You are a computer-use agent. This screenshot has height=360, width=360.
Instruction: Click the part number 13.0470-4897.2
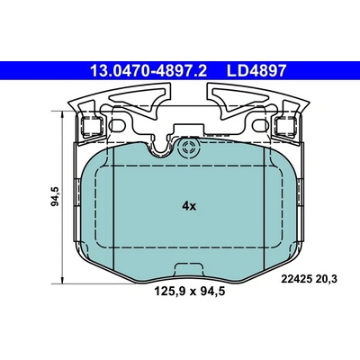[x=148, y=71]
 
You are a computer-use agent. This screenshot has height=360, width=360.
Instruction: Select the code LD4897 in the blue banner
[x=256, y=71]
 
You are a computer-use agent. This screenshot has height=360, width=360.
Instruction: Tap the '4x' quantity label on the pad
[x=189, y=206]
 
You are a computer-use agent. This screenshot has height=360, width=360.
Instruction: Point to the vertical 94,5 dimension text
[x=56, y=196]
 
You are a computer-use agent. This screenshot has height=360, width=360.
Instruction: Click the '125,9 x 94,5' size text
[x=189, y=291]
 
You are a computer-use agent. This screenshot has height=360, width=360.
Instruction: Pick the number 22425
[x=296, y=279]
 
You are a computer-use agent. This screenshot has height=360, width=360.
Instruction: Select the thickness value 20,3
[x=326, y=279]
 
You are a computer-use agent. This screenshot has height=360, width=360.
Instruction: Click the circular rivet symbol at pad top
[x=189, y=148]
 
